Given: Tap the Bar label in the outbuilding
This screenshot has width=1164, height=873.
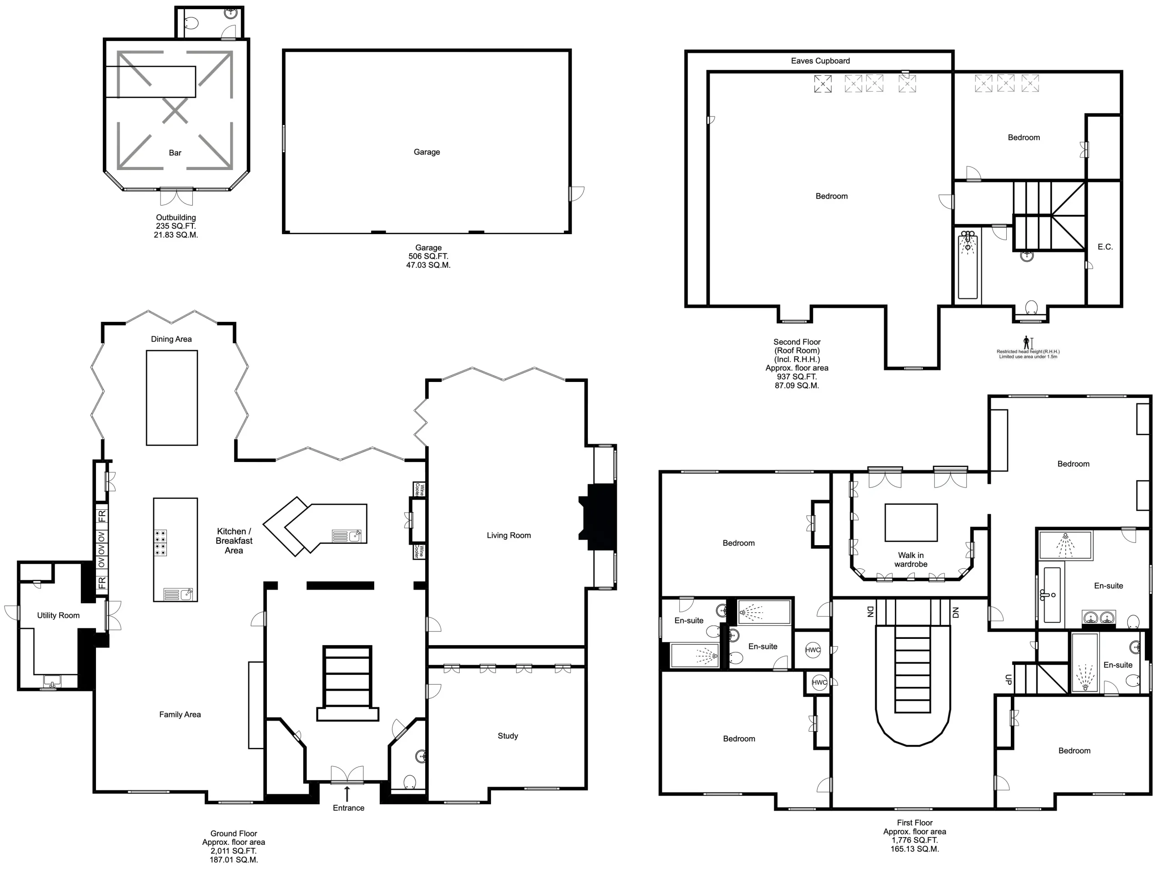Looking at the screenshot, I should tap(175, 153).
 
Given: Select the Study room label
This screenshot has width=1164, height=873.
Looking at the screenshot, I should tap(507, 736).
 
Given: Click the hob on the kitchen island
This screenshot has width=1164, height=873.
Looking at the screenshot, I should tap(161, 543).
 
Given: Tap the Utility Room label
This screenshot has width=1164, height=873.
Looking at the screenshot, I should tap(58, 615).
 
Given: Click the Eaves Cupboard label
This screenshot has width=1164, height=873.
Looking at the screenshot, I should tap(820, 61).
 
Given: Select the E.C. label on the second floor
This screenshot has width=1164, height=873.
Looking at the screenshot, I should tap(1104, 247).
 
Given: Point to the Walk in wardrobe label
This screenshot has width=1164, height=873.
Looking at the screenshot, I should tap(910, 559).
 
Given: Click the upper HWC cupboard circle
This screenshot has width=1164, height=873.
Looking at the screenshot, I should tap(813, 650).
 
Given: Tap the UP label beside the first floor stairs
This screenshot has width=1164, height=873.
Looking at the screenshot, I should tap(1008, 680).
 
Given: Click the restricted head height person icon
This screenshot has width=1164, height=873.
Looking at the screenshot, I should tap(1026, 342).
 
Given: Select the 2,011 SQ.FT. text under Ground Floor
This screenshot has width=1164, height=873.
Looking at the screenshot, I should tap(233, 851).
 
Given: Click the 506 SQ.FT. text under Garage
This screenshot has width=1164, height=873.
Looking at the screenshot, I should tap(428, 256).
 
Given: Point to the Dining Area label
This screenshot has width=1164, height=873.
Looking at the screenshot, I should tap(171, 339).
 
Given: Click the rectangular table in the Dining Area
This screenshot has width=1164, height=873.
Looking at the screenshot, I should tap(171, 398).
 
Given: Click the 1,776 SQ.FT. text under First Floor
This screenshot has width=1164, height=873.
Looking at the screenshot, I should tap(914, 840).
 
